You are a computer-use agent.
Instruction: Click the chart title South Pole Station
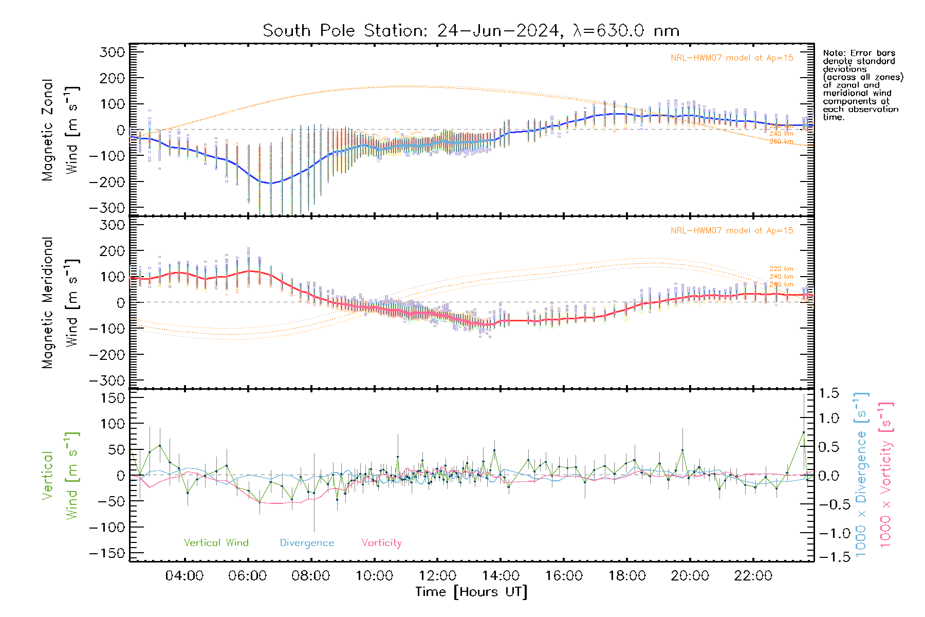point(344,31)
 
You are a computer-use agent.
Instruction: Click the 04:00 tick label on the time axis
point(184,576)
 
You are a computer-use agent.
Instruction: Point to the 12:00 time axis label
point(437,576)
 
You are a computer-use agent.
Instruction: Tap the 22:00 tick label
point(753,576)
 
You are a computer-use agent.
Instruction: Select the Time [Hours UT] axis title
point(471,592)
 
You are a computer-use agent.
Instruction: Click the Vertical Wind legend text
point(216,543)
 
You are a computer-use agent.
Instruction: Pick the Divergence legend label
point(307,543)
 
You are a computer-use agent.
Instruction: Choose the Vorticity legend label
point(381,543)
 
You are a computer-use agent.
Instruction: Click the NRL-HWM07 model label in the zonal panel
point(732,58)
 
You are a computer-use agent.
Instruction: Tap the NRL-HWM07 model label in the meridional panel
point(732,231)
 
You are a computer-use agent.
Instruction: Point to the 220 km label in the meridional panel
point(781,269)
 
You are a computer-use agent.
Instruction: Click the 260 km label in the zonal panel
point(781,142)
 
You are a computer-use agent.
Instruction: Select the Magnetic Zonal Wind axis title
point(60,130)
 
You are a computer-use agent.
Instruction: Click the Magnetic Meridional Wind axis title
point(60,303)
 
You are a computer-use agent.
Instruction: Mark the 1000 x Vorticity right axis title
point(886,475)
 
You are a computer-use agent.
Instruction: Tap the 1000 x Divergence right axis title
point(861,475)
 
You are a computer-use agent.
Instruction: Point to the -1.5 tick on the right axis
point(829,557)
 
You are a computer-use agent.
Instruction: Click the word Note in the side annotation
point(833,53)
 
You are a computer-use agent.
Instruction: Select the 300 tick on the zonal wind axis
point(113,52)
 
